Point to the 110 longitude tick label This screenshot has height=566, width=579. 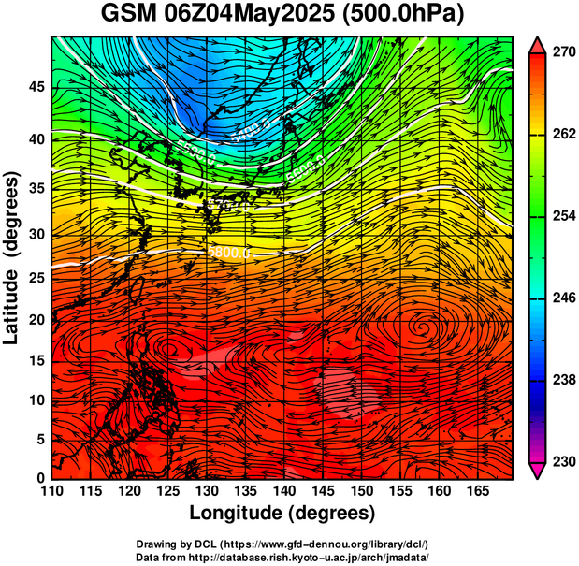(52, 492)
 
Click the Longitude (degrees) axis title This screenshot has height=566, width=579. (282, 513)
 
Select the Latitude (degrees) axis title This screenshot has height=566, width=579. (13, 257)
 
